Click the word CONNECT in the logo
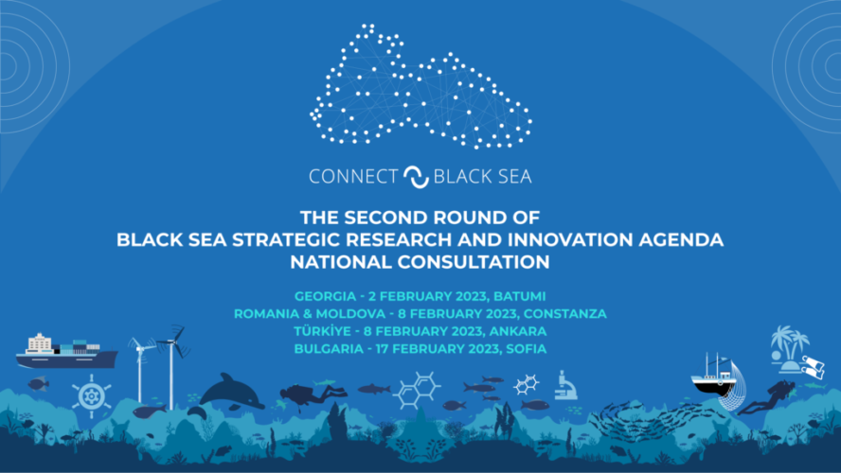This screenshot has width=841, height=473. pos(353,176)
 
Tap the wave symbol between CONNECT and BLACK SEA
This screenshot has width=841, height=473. pos(416,177)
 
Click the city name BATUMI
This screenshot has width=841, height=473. pos(520,296)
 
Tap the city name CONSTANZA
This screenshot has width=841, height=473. pos(565,314)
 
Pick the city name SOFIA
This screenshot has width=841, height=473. pos(527,349)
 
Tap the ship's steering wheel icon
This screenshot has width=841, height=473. pos(92,396)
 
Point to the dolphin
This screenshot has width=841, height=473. pos(231,394)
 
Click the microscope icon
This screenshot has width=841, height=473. pos(565,385)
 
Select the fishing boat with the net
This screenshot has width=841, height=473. pos(718,381)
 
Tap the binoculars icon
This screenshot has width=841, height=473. pos(814,367)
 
